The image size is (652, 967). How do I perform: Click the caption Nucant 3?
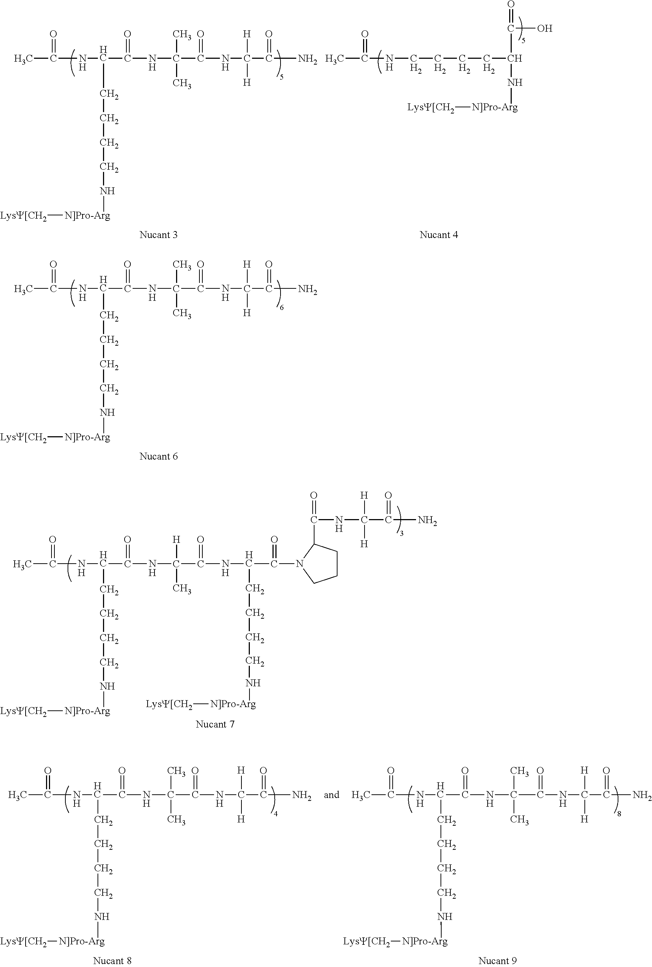pos(158,235)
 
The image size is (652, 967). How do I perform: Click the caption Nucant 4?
pos(438,235)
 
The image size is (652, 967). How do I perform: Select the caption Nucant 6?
pos(158,456)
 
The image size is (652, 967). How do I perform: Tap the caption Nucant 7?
pos(215,724)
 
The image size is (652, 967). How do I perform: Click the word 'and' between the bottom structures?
pos(331,795)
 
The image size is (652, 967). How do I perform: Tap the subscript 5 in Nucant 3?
pos(282,77)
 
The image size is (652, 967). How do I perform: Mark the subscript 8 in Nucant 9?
pos(619,814)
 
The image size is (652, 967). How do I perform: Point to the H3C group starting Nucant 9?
pos(361,795)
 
